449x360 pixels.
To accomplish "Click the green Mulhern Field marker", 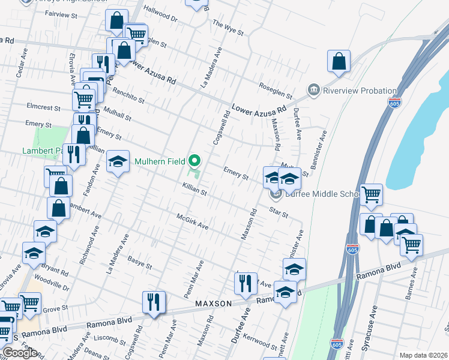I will (194, 161).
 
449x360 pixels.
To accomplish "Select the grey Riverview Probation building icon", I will (313, 91).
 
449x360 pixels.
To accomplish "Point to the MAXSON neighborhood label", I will (213, 304).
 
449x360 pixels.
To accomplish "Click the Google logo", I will (20, 353).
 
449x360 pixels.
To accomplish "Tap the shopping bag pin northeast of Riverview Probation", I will (339, 61).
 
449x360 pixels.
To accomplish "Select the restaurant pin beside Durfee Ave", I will (245, 283).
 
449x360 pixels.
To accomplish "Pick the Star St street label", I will (279, 212).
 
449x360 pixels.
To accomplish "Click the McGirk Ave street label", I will (192, 221).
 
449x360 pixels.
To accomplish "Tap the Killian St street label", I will (194, 191).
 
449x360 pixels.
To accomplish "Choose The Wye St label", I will (228, 27).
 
